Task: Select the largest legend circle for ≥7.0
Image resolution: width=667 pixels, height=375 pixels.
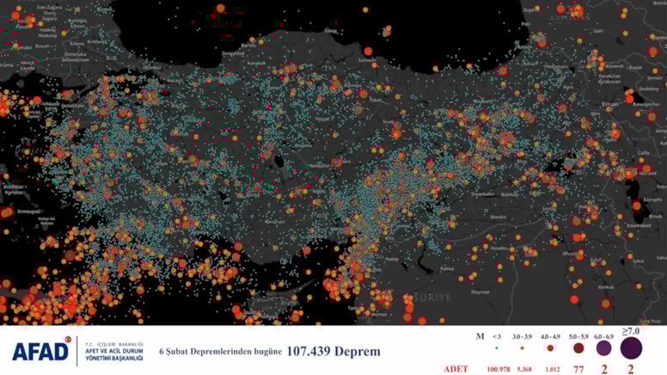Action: tap(631, 348)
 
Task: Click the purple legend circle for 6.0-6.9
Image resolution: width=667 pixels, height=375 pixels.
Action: tap(603, 348)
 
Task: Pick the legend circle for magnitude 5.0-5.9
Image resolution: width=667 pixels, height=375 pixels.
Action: tap(578, 348)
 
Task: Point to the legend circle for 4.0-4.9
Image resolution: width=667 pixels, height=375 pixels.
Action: tap(549, 348)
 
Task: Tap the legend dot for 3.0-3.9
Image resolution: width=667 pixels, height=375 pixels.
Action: tap(523, 348)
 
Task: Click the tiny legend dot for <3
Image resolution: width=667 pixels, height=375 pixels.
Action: tap(497, 348)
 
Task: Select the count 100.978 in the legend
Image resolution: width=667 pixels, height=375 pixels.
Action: tap(497, 369)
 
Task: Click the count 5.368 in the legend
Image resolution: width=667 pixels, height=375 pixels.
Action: tap(523, 369)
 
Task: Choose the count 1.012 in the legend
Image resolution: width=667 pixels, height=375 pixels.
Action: tap(549, 369)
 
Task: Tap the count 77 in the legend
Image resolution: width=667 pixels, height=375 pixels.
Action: tap(578, 369)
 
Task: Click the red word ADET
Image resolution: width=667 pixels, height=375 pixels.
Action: tap(456, 369)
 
